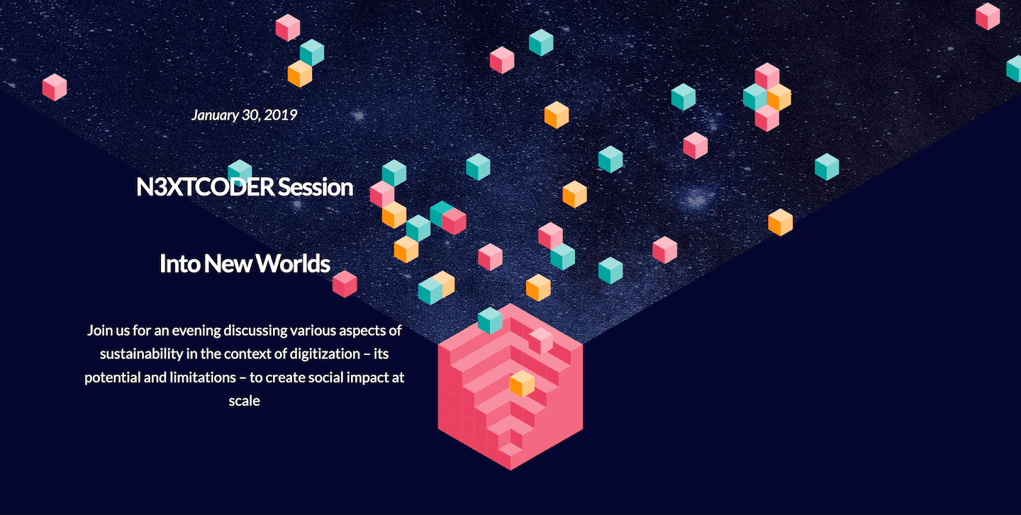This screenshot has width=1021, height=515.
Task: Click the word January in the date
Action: tap(215, 115)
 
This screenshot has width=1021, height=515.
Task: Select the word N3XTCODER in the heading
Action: tap(206, 187)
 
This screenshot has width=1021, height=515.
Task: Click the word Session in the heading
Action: tap(316, 187)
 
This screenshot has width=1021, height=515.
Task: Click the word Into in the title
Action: tap(179, 264)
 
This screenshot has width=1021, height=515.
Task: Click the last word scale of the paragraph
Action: tap(245, 401)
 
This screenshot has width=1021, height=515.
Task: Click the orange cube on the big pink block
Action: tap(523, 383)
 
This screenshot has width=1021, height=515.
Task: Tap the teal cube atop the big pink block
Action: tap(490, 320)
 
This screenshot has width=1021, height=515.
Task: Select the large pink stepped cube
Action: tap(510, 387)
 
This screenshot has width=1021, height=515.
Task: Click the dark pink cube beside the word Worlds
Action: tap(345, 284)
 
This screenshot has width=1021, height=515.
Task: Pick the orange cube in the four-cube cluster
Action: tap(779, 97)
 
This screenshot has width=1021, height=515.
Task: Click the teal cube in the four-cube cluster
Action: tap(755, 97)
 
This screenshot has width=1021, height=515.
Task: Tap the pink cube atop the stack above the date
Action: tap(288, 28)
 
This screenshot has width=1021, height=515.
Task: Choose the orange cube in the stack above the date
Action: tap(300, 74)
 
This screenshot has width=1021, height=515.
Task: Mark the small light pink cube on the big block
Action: tap(541, 340)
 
